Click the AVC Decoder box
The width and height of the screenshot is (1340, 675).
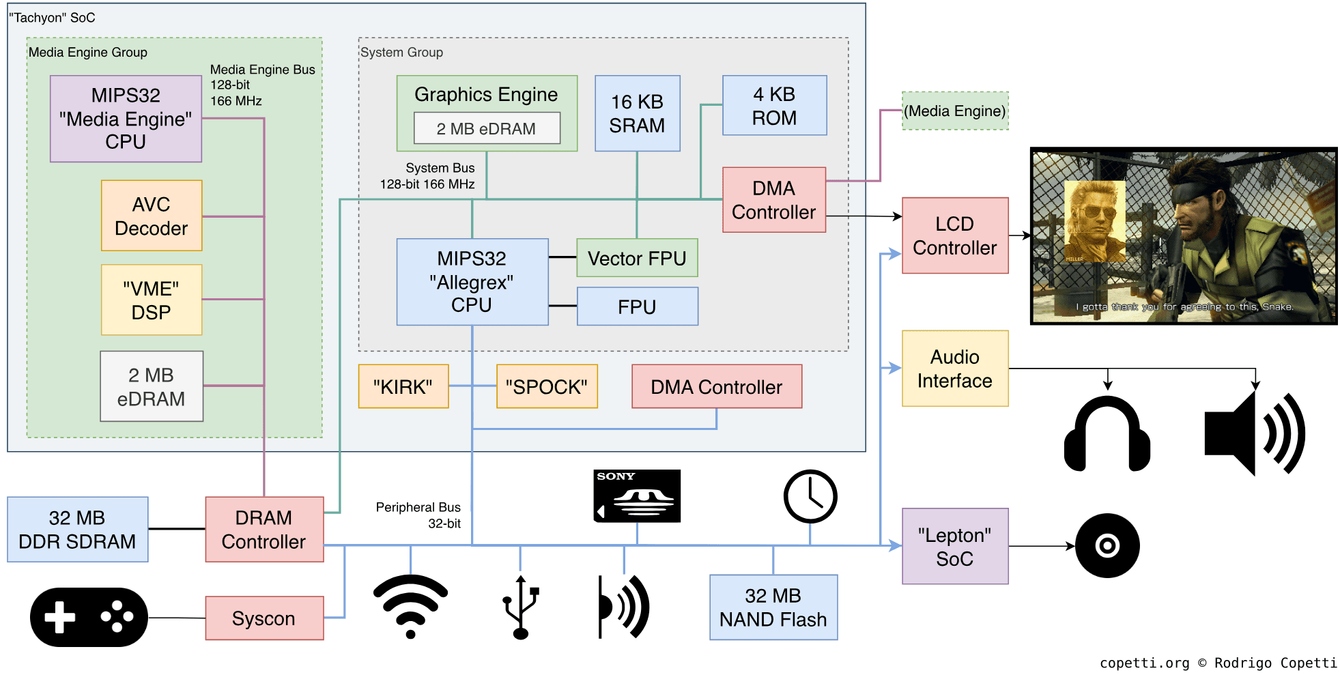point(152,216)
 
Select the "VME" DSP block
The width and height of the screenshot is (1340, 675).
point(152,300)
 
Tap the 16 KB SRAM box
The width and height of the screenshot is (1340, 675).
point(637,113)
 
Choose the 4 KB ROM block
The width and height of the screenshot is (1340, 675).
point(774,106)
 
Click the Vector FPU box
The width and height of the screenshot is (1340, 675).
point(637,258)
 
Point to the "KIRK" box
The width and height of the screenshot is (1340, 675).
point(403,387)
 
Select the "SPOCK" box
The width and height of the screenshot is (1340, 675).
point(547,387)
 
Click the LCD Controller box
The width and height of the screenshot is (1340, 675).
point(954,235)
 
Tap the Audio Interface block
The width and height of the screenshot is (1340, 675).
point(954,369)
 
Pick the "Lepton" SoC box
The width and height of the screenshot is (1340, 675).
point(954,546)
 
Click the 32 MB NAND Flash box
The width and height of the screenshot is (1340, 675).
point(773,607)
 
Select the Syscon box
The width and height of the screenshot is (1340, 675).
point(264,618)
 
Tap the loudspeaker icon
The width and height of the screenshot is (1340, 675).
point(1254,434)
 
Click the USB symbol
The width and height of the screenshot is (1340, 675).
point(521,607)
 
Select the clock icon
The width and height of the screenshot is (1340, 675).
point(810,496)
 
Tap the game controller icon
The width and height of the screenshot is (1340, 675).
point(89,617)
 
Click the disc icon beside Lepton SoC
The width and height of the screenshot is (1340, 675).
point(1107,546)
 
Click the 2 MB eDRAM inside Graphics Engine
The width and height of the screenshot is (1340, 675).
point(487,128)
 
